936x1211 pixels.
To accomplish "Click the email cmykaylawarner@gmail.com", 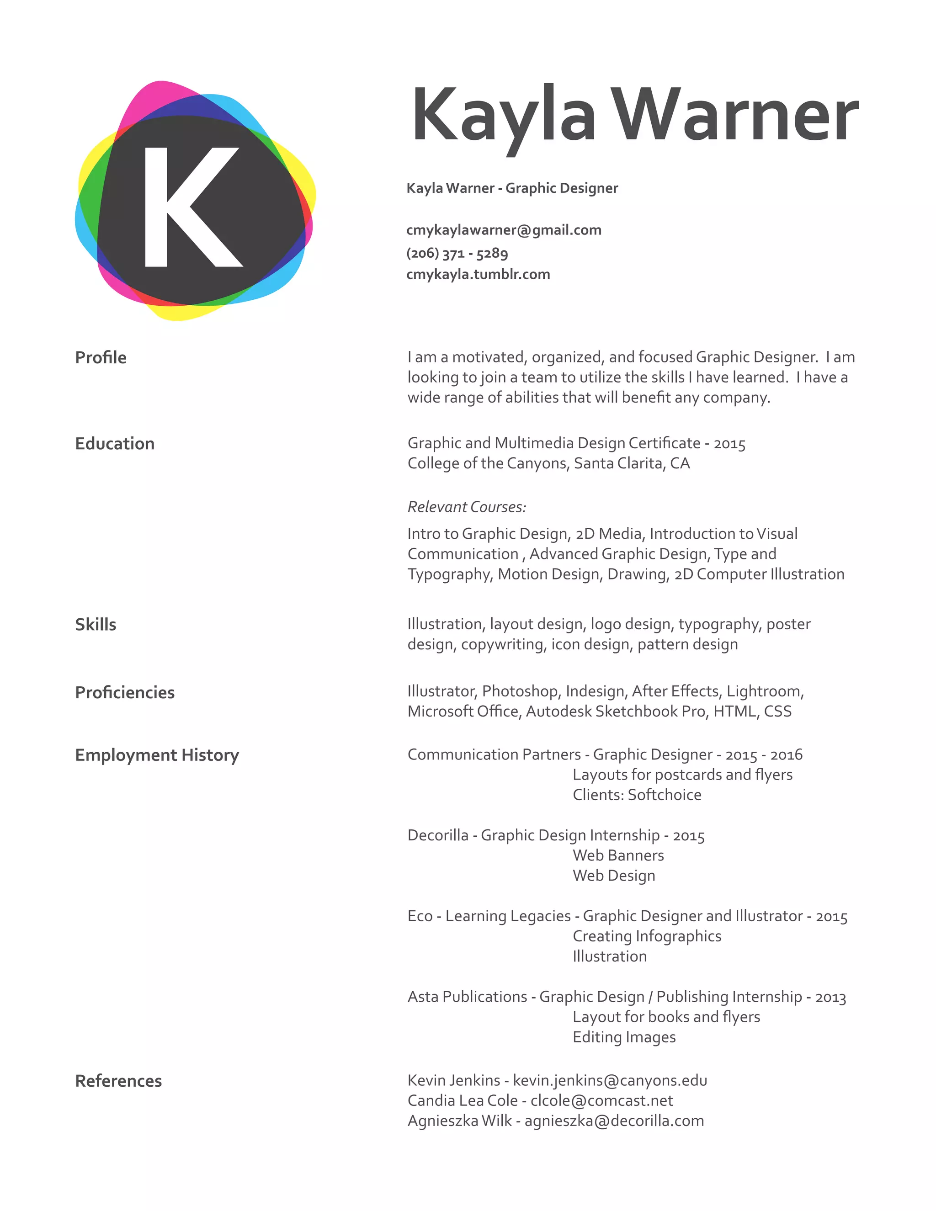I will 504,230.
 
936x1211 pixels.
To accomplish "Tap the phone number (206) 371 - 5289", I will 457,254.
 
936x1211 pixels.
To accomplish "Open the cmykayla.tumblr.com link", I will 478,275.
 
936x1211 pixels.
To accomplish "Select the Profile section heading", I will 101,358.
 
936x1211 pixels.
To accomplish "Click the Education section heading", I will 115,444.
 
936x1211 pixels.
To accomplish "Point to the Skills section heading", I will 96,624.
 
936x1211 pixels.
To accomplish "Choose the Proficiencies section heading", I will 125,692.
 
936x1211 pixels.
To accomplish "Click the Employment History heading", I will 157,755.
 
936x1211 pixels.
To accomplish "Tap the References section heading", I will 118,1081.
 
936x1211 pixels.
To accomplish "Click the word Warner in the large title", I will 738,117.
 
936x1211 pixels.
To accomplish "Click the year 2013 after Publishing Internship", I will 830,998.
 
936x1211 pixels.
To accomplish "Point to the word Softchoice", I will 664,795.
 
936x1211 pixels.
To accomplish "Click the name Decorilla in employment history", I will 437,836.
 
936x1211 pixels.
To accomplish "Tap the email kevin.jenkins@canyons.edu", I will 610,1081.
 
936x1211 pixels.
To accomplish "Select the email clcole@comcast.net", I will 601,1101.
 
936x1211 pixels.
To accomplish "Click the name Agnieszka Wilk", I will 459,1121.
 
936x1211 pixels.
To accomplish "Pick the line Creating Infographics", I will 647,936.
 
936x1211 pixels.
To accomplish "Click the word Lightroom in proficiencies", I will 764,691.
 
